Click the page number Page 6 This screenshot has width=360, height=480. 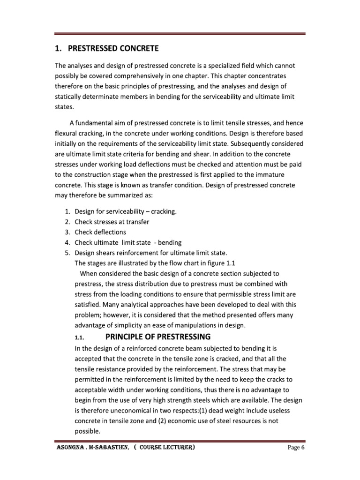click(x=296, y=448)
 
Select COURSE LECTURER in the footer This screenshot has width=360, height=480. click(x=167, y=448)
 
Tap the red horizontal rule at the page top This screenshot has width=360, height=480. click(x=180, y=34)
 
